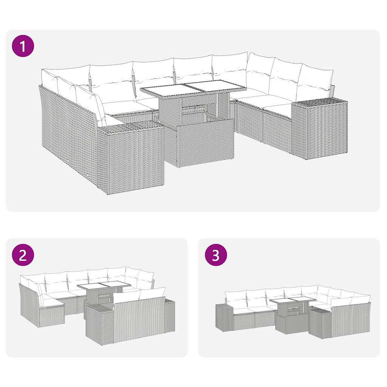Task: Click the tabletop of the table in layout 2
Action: pos(104,285)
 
